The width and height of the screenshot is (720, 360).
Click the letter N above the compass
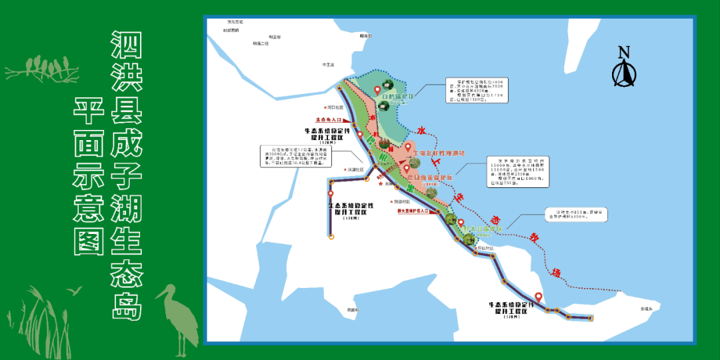[623, 52]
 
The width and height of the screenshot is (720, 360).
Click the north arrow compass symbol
[623, 73]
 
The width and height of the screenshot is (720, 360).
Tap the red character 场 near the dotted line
[556, 271]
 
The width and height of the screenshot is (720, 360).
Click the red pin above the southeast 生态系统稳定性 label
[538, 297]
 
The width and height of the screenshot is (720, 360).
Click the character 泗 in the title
[125, 47]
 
